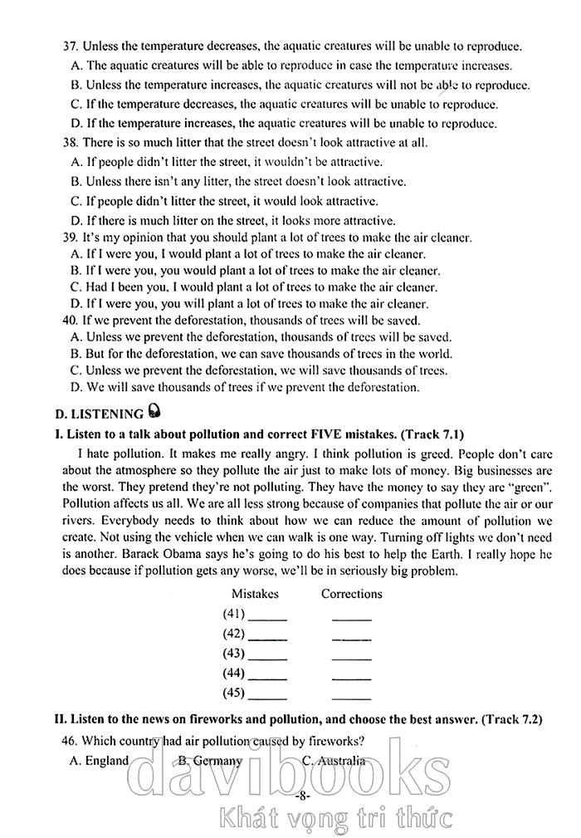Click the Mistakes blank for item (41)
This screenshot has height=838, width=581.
[267, 618]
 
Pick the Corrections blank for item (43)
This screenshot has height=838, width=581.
[351, 657]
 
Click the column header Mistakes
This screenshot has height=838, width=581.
[255, 594]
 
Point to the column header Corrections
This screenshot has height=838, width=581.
[352, 594]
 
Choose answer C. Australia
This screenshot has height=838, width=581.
[333, 761]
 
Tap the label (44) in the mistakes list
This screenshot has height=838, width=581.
[234, 674]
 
